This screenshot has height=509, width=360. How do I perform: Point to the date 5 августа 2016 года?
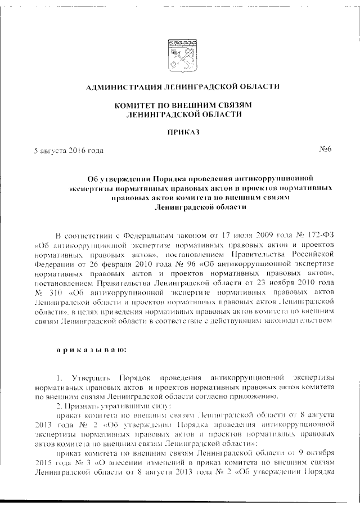point(69,151)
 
